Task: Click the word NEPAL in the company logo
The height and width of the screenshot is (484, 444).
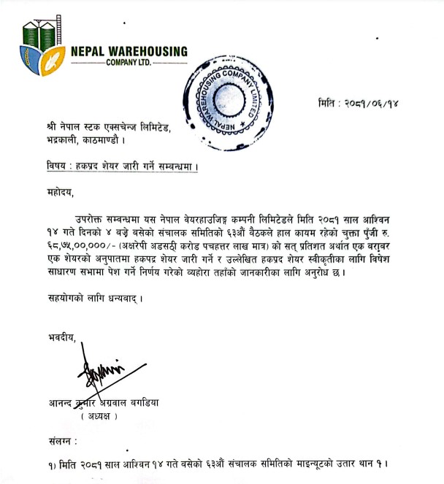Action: tap(89, 52)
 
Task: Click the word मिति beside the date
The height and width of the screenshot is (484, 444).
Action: tap(330, 104)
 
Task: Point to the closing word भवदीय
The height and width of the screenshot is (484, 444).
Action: tap(57, 336)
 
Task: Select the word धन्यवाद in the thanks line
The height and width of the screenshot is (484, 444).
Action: tap(117, 298)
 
